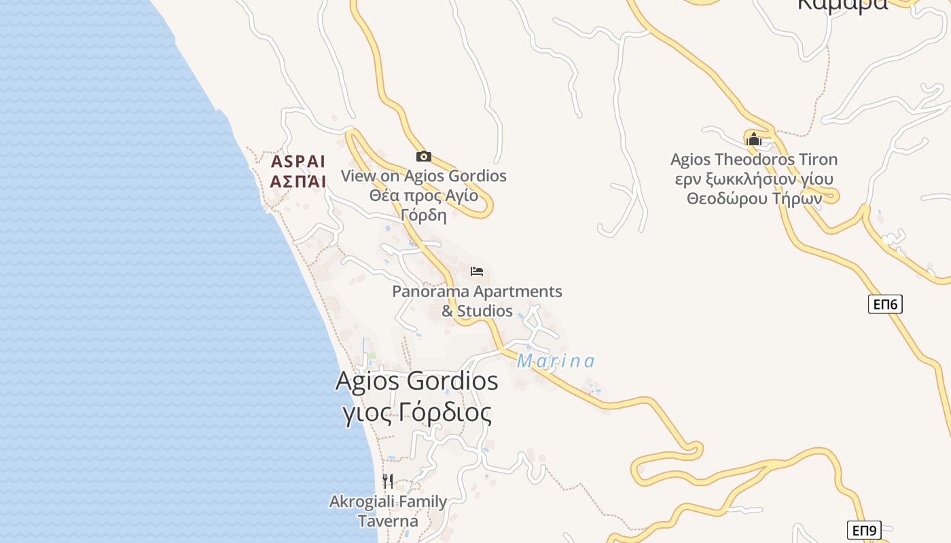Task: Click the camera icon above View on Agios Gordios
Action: pos(423,156)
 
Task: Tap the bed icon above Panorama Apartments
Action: pos(477,271)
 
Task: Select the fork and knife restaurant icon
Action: pos(388,481)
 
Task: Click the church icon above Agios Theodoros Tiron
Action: pos(753,140)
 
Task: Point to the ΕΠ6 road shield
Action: pos(885,304)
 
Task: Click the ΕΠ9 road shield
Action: pos(864,530)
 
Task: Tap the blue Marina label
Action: pos(556,361)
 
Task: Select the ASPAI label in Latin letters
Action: pos(298,162)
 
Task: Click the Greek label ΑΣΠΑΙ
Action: pos(298,181)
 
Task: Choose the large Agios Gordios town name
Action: pos(416,381)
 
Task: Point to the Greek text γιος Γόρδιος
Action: pos(417,413)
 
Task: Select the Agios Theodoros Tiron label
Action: pos(753,160)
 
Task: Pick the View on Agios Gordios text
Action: pos(423,176)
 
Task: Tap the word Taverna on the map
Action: pos(388,521)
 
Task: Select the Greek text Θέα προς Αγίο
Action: pos(423,196)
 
